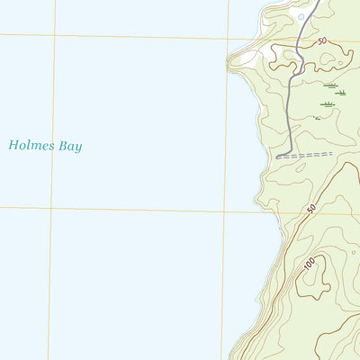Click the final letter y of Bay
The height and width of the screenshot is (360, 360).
[79, 148]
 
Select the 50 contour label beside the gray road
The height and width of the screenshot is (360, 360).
[321, 41]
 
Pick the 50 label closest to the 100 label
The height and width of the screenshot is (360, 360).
[311, 209]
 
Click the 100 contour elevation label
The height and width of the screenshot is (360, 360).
[308, 264]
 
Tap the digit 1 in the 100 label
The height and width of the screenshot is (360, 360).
[303, 267]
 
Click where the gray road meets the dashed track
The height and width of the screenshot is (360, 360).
[279, 157]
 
